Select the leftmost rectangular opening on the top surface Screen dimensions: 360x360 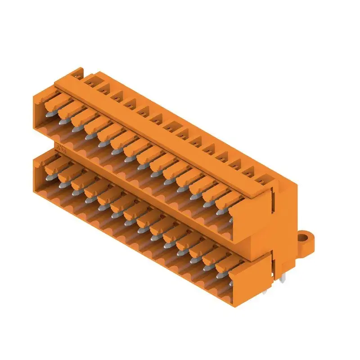[90, 81]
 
